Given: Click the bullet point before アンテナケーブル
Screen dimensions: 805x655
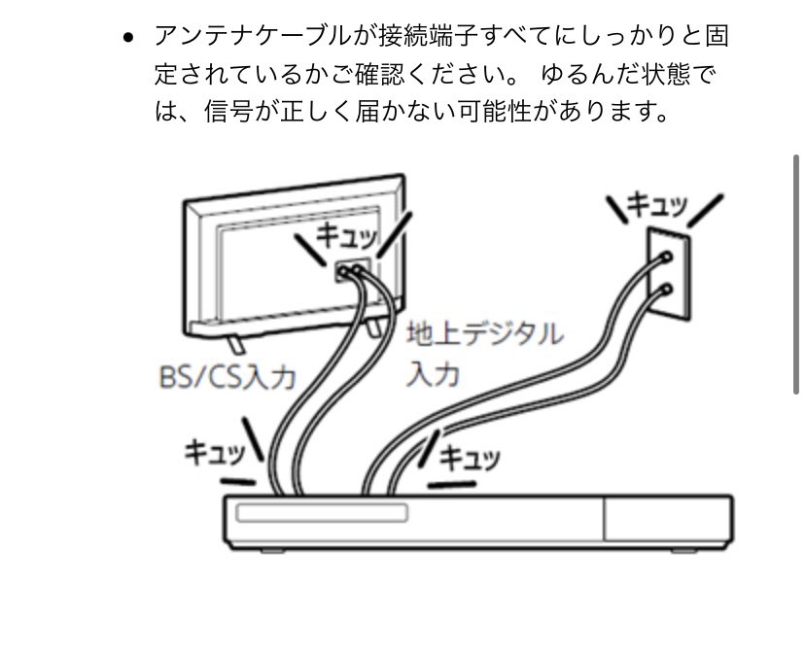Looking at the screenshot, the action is [x=128, y=39].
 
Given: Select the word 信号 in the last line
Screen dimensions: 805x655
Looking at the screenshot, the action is [x=227, y=112].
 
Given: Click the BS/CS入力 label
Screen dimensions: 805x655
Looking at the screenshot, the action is [x=227, y=376].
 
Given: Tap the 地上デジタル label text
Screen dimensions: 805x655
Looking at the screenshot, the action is [x=484, y=335].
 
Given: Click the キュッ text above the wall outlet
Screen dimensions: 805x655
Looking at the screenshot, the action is [x=656, y=205].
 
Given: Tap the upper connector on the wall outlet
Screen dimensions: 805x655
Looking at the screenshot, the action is [x=665, y=259].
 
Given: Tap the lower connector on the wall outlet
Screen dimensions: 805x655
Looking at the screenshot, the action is [x=665, y=289].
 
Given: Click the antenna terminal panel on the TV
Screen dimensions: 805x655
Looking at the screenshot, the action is [x=350, y=271].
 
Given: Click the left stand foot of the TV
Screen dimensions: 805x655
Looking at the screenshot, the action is [x=234, y=342].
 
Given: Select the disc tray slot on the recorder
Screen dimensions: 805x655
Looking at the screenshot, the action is [x=322, y=512].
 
